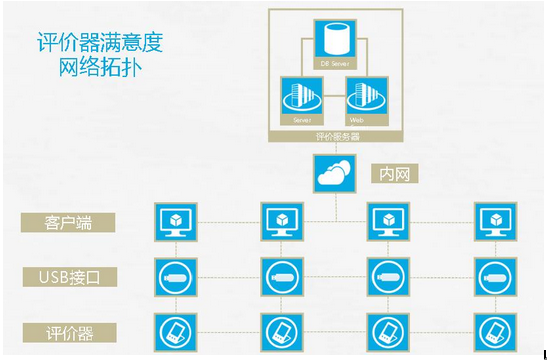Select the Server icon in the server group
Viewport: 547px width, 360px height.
pyautogui.click(x=301, y=101)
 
